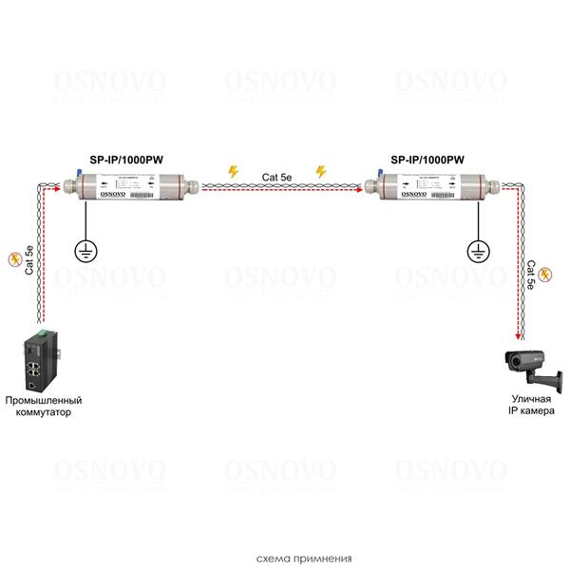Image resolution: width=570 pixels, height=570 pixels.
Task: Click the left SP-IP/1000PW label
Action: pyautogui.click(x=120, y=162)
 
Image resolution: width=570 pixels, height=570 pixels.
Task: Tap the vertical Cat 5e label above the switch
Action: pyautogui.click(x=29, y=259)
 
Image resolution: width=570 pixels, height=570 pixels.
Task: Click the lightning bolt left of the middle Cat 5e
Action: pyautogui.click(x=234, y=172)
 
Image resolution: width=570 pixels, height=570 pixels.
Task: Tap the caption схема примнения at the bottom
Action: pyautogui.click(x=285, y=559)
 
